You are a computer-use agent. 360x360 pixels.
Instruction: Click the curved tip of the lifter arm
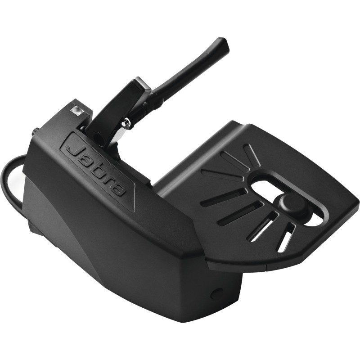(221, 45)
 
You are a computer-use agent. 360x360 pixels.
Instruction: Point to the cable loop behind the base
(10, 180)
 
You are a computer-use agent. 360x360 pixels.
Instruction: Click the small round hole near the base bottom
(217, 293)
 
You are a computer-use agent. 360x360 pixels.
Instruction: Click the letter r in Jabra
(110, 180)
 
